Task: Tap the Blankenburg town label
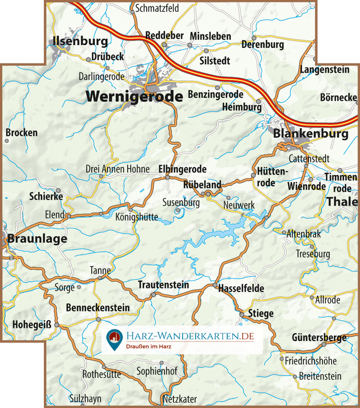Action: click(311, 134)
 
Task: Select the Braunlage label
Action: click(37, 239)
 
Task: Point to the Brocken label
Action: click(22, 133)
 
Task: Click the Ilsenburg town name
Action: click(80, 42)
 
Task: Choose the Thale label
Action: click(342, 201)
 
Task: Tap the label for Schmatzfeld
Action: click(157, 9)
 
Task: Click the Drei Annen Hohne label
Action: click(118, 169)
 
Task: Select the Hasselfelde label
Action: click(241, 289)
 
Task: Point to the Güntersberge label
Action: click(319, 338)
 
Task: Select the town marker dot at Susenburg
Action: click(178, 210)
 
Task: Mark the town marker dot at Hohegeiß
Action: click(57, 324)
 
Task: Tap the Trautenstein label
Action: click(163, 285)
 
